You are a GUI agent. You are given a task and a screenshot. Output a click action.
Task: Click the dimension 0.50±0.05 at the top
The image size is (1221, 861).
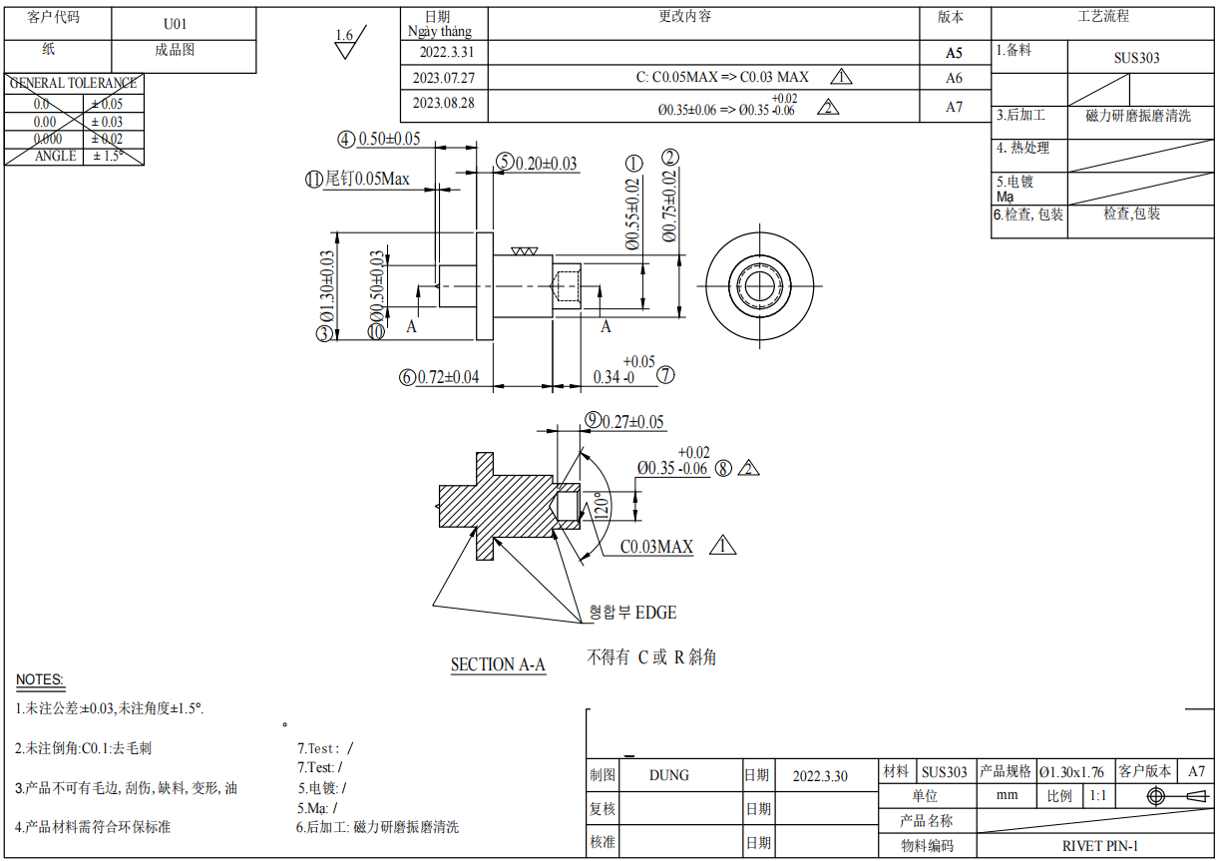tap(389, 139)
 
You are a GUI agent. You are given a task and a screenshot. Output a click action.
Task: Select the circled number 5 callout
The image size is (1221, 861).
tap(504, 163)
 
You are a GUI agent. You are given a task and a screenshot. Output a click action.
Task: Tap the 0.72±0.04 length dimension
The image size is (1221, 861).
tap(449, 377)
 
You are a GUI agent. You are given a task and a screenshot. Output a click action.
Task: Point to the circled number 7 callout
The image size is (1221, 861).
tap(665, 375)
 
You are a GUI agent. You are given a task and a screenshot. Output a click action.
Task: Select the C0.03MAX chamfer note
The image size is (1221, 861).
tap(656, 547)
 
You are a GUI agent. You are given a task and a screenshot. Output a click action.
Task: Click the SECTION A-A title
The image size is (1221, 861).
tap(498, 664)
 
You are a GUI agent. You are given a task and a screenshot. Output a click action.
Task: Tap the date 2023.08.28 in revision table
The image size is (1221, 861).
tap(443, 103)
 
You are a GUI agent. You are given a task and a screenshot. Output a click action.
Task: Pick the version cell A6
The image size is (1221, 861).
tap(954, 78)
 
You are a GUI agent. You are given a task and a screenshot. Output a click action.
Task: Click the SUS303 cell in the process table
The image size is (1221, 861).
tap(1136, 58)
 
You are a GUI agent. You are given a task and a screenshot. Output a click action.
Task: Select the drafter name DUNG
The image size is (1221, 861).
tap(668, 775)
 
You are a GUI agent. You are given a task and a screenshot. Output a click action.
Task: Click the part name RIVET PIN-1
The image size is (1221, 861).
tap(1100, 845)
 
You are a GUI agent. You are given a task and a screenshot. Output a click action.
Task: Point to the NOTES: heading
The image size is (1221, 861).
tap(40, 680)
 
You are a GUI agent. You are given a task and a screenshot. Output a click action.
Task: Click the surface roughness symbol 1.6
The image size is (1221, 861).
tap(345, 37)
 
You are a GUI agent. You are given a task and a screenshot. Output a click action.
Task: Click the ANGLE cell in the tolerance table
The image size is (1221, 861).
tap(56, 157)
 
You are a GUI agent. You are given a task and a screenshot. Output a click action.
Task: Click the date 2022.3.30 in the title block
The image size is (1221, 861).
tap(820, 775)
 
